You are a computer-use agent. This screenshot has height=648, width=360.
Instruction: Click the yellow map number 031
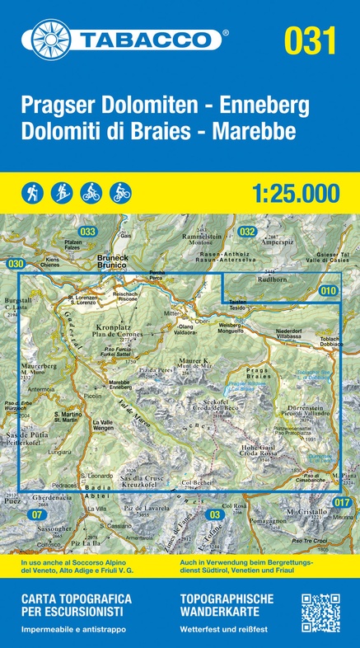310,40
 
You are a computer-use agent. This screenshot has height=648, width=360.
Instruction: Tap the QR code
320,613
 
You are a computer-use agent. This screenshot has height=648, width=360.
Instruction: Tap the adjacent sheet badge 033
87,232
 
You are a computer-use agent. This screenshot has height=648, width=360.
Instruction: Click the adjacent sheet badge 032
246,232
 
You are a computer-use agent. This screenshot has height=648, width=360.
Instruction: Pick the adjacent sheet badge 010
329,290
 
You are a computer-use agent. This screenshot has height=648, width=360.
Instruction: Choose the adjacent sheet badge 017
343,502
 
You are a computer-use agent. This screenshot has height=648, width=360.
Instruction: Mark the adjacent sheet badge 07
35,515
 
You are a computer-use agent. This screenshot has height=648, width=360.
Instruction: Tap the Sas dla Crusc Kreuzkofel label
142,481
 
